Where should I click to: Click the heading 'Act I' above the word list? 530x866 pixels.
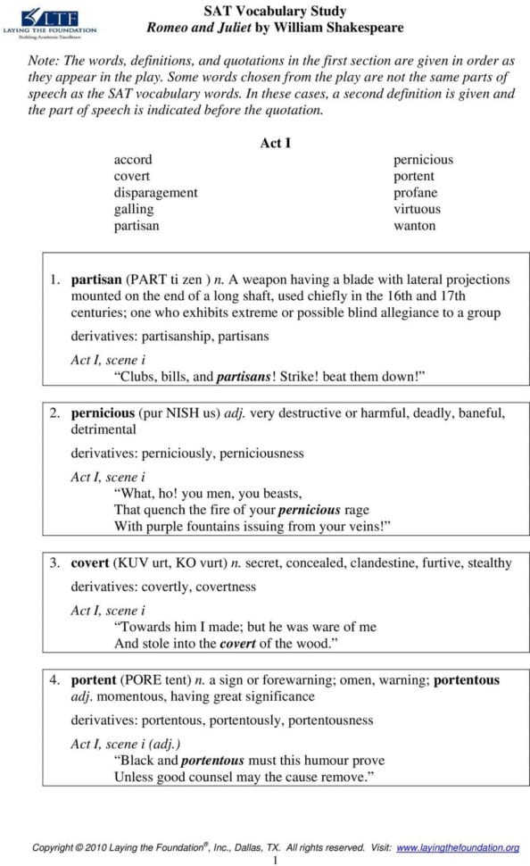click(275, 143)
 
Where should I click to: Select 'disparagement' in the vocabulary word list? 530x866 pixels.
click(155, 193)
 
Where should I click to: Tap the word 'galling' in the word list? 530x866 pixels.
click(133, 209)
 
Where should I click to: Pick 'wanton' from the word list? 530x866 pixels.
click(415, 226)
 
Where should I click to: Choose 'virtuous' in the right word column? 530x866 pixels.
click(417, 209)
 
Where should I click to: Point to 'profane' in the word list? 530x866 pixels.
click(416, 193)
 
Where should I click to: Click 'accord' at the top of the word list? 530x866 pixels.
click(132, 160)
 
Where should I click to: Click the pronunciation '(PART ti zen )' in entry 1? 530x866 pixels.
click(168, 279)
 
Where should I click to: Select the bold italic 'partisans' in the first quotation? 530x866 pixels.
click(244, 377)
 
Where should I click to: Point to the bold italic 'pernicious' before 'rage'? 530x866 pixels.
click(310, 510)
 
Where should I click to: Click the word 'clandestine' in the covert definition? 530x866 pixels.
click(386, 563)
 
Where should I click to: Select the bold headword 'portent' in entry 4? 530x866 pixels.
click(94, 680)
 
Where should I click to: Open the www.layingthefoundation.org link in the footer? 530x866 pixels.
click(457, 847)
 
